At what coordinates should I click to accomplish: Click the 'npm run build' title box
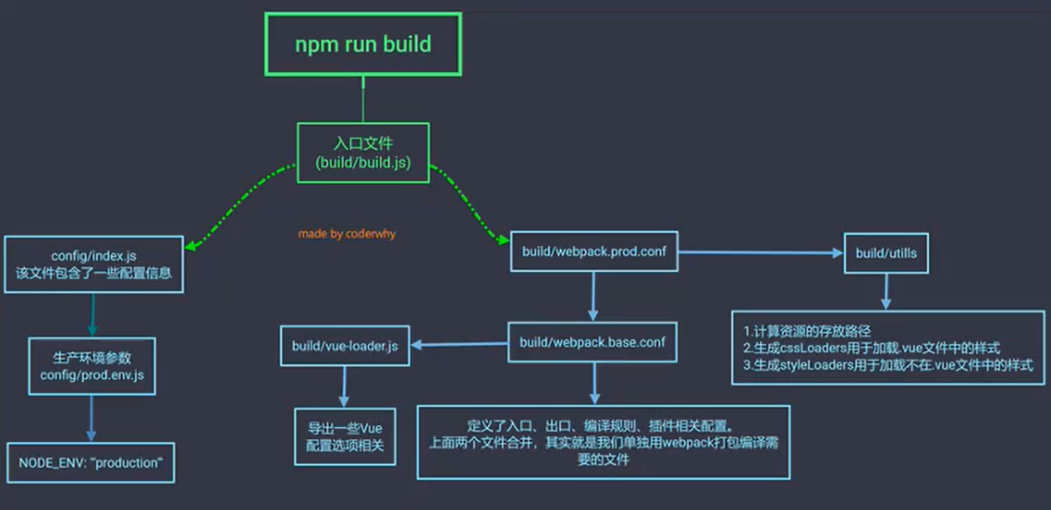pos(363,44)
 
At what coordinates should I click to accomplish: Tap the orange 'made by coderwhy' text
pos(347,234)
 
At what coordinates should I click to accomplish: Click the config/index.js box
pos(92,264)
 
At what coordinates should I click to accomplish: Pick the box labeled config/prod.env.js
pos(92,365)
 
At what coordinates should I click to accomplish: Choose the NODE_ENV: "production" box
pos(90,462)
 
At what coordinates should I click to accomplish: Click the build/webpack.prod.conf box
pos(594,252)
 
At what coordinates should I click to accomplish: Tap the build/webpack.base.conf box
pos(592,341)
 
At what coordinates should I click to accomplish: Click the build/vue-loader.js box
pos(346,347)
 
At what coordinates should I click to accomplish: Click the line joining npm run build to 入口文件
pos(363,99)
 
